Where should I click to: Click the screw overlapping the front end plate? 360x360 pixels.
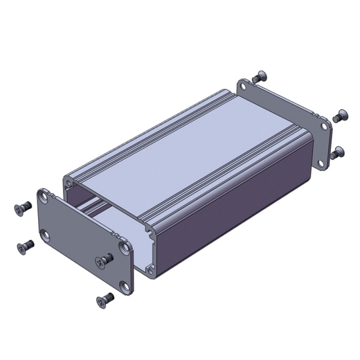(105, 259)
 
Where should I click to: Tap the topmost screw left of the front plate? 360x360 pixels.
(23, 208)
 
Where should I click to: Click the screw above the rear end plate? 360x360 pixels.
(259, 76)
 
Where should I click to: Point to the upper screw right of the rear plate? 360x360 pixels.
(340, 116)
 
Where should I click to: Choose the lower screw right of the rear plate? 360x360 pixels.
(337, 152)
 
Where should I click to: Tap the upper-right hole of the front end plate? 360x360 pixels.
(123, 247)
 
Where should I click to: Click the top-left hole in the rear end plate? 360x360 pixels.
(243, 87)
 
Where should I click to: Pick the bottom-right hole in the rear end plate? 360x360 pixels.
(321, 163)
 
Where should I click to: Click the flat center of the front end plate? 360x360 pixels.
(84, 242)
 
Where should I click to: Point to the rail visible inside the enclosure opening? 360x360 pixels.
(93, 208)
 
